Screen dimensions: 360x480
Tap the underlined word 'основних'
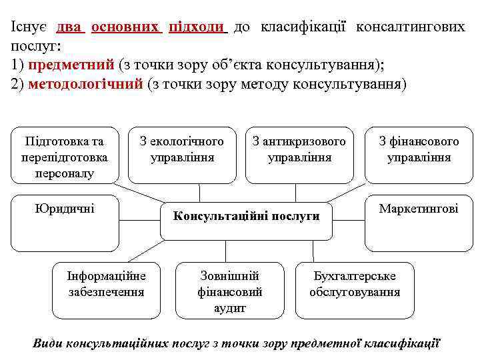tap(125, 27)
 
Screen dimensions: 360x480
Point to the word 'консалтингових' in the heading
tap(410, 27)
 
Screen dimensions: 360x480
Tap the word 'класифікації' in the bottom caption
tap(399, 343)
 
